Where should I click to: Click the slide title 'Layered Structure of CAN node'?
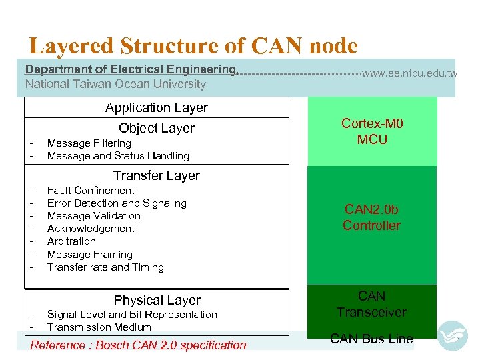[x=193, y=46]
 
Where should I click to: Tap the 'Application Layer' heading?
[x=157, y=107]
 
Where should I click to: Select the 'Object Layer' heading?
[x=157, y=128]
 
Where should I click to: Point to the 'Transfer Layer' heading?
[x=157, y=175]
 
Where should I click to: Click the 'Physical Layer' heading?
[x=157, y=300]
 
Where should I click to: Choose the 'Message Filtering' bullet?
[x=89, y=143]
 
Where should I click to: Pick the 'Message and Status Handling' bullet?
[x=118, y=156]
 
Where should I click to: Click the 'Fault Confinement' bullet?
[x=91, y=191]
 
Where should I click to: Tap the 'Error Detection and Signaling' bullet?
[x=117, y=203]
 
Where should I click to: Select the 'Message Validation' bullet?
[x=94, y=216]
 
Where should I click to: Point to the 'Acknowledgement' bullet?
[x=91, y=229]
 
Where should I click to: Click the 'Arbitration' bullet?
[x=71, y=241]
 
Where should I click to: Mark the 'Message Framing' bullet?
[x=90, y=255]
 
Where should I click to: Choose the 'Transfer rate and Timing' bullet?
[x=105, y=267]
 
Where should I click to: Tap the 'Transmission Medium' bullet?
[x=99, y=327]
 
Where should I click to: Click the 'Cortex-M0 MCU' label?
[x=372, y=131]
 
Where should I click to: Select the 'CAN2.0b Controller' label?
[x=371, y=218]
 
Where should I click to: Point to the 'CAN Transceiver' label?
[x=371, y=304]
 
